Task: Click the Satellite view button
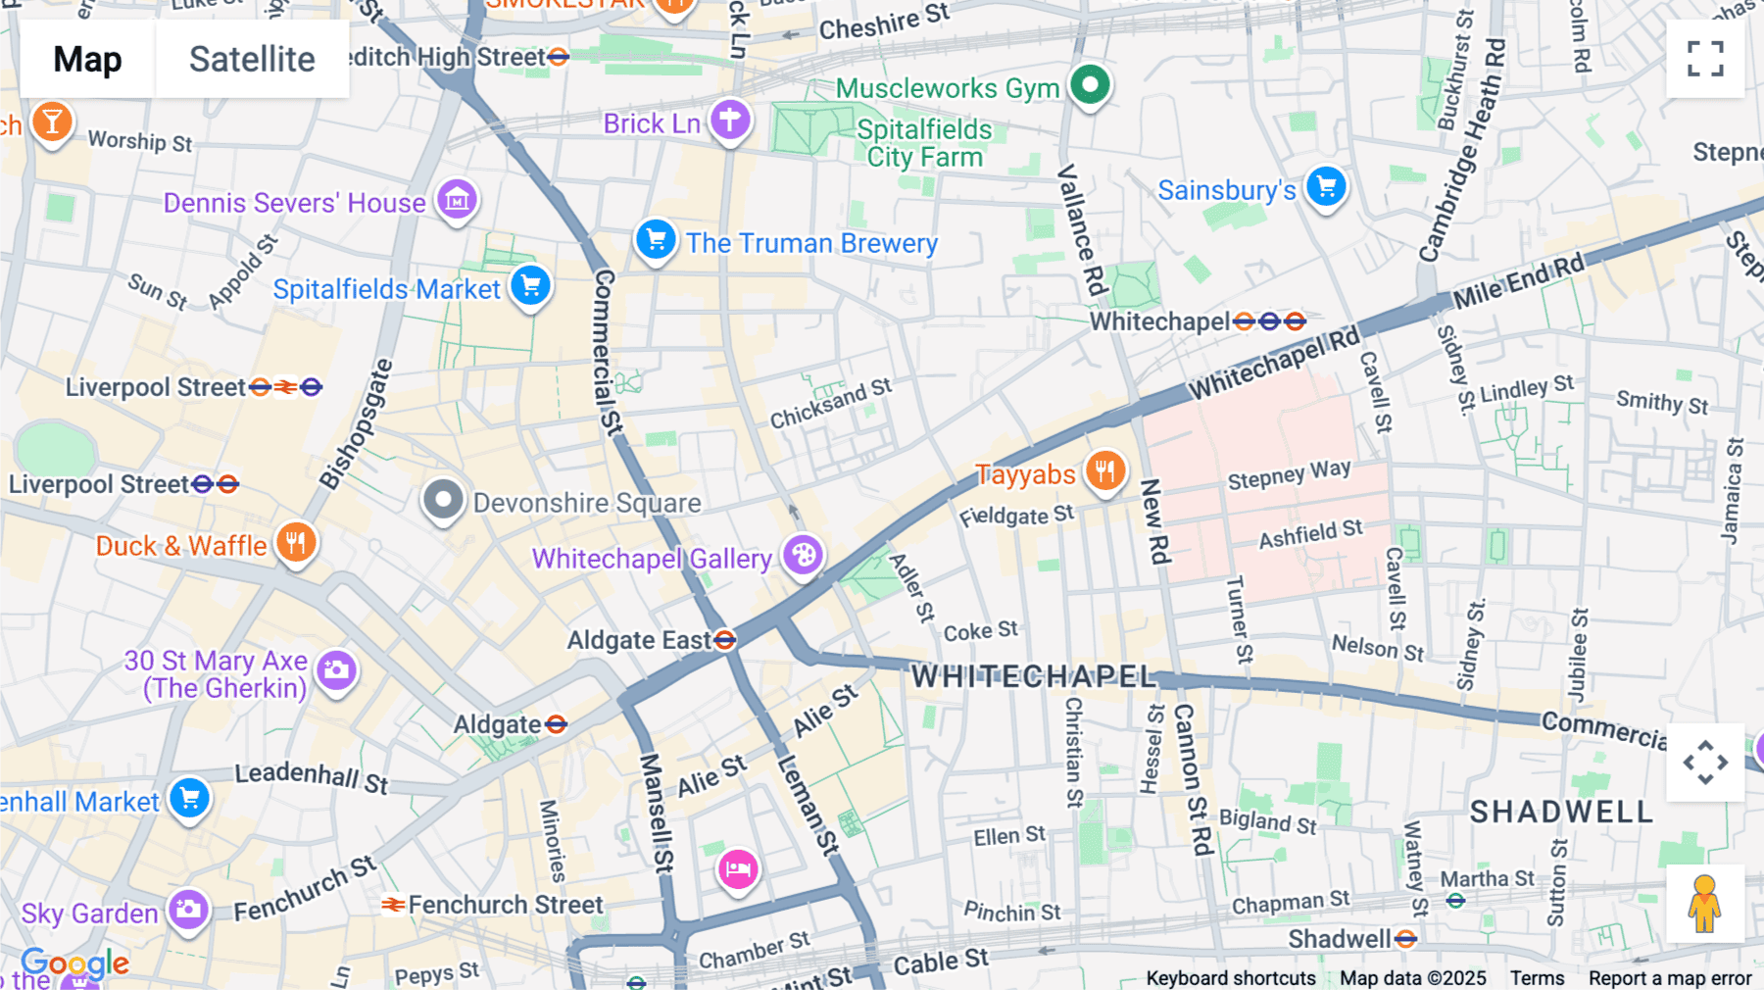click(252, 59)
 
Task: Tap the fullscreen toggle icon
click(1705, 59)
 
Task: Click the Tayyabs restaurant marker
click(1104, 471)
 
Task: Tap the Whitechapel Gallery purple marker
click(803, 556)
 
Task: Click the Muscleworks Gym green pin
click(1090, 85)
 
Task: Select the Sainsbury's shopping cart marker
click(1326, 186)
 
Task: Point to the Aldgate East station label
click(639, 640)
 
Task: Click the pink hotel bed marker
click(738, 868)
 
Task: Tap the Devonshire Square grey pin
click(443, 500)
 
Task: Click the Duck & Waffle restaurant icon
click(296, 542)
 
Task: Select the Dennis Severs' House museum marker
click(457, 200)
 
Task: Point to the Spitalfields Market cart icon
click(531, 286)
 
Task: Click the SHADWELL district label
click(1561, 812)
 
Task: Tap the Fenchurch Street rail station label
click(505, 905)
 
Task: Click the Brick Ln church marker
click(730, 121)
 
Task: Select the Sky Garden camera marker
click(188, 911)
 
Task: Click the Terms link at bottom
click(1537, 977)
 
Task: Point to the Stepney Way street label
click(1289, 475)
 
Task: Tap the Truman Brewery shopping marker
click(656, 239)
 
